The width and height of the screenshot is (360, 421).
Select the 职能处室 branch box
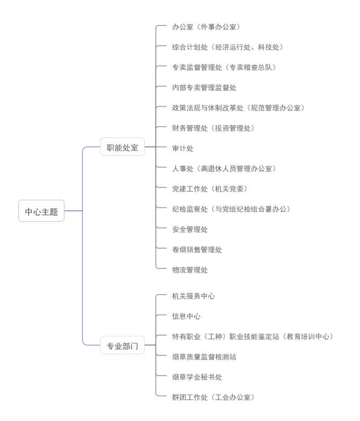[x=122, y=147]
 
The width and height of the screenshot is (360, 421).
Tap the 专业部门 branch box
[x=122, y=345]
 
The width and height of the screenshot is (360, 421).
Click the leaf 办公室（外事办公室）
[x=205, y=27]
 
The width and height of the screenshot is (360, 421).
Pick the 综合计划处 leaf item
[x=227, y=47]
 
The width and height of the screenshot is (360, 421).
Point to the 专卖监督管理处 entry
[x=224, y=67]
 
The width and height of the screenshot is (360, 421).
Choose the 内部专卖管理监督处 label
[x=204, y=87]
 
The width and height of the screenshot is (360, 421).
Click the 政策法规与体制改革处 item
[x=238, y=108]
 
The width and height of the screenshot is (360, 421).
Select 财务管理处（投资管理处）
[x=213, y=128]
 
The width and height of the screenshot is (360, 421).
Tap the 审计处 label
[x=183, y=148]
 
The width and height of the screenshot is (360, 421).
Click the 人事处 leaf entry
[x=224, y=169]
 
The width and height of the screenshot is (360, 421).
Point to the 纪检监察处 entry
[x=231, y=209]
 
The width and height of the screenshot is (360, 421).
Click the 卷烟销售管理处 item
[x=197, y=250]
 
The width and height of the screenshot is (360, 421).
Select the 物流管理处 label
[x=190, y=270]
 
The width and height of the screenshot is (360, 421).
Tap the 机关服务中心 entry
[x=194, y=296]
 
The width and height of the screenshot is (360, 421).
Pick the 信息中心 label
[x=186, y=316]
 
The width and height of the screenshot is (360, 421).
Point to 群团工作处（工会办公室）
[x=213, y=398]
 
